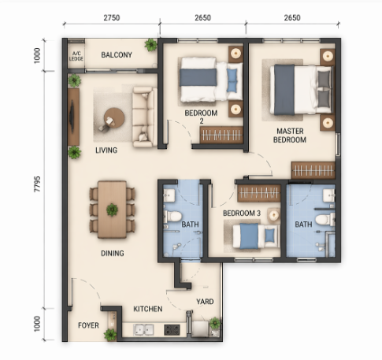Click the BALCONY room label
(117, 55)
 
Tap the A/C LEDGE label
(76, 56)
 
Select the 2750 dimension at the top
(112, 17)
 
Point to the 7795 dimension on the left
(37, 184)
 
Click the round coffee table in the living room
(114, 118)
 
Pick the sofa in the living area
(143, 117)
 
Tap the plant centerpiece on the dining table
(112, 210)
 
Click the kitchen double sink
(143, 330)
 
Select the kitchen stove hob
(172, 330)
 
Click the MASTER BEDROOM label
(290, 135)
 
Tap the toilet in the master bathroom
(325, 220)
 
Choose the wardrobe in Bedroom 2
(221, 135)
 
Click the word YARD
(205, 302)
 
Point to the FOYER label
(88, 325)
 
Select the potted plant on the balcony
(150, 45)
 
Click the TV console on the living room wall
(73, 117)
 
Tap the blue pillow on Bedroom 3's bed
(269, 236)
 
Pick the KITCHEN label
(148, 309)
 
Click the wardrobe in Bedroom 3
(259, 193)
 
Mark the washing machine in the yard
(200, 329)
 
